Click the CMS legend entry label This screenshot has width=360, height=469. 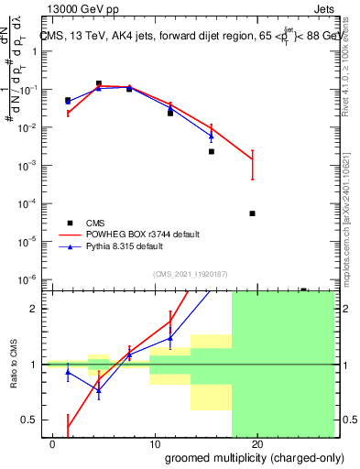coord(96,223)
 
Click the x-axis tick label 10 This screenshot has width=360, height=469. coord(155,444)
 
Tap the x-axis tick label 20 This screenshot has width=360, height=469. coord(257,444)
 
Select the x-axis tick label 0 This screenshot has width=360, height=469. coord(53,444)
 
